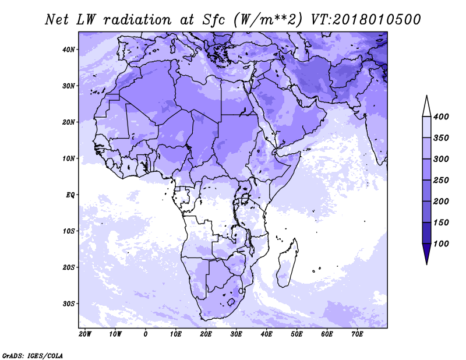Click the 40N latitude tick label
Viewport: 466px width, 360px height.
pyautogui.click(x=68, y=50)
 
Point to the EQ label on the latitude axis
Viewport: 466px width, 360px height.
pyautogui.click(x=70, y=195)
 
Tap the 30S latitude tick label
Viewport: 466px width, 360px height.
pyautogui.click(x=68, y=304)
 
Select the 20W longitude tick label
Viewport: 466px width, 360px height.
pyautogui.click(x=85, y=334)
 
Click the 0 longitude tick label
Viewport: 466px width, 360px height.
pyautogui.click(x=145, y=334)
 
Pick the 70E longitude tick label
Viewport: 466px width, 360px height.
pyautogui.click(x=357, y=334)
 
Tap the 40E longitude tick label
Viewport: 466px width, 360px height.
pyautogui.click(x=266, y=334)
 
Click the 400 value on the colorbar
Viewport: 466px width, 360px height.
pyautogui.click(x=441, y=117)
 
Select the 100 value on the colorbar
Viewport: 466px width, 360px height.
pyautogui.click(x=441, y=243)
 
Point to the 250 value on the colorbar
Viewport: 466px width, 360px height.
pyautogui.click(x=441, y=180)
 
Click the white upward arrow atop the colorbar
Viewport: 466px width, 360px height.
pyautogui.click(x=427, y=106)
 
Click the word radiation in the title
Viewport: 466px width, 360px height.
pyautogui.click(x=137, y=20)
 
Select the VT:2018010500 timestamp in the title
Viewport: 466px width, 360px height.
pyautogui.click(x=366, y=20)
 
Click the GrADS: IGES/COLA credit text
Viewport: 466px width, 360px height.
pyautogui.click(x=33, y=356)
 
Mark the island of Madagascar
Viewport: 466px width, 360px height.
pyautogui.click(x=287, y=263)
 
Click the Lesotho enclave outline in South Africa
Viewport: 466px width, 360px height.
pyautogui.click(x=231, y=302)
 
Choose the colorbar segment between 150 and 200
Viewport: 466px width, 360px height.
pyautogui.click(x=427, y=211)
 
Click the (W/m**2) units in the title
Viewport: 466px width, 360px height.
pyautogui.click(x=268, y=20)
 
